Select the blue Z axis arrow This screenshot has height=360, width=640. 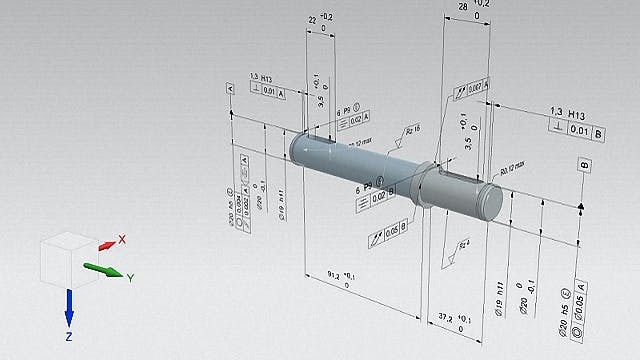69,306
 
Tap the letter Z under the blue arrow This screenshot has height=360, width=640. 69,338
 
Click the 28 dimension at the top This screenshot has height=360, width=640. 462,7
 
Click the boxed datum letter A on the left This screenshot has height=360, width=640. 231,89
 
